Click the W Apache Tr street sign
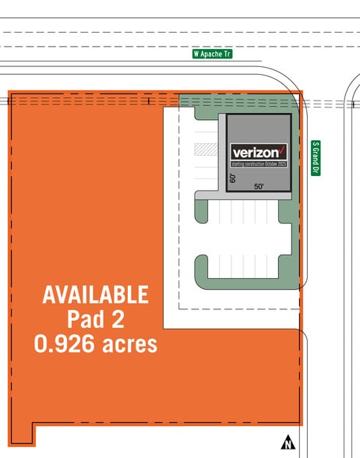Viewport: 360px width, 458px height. coord(213,55)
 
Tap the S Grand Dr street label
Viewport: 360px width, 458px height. coord(316,158)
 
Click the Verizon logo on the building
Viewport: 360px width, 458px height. coord(259,153)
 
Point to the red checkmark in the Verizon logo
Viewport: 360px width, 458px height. coord(284,149)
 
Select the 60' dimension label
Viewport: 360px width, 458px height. coord(233,178)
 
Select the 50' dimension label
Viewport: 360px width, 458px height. coord(259,187)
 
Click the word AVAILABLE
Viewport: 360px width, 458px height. coord(95,295)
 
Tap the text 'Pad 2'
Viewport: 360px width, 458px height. coord(95,319)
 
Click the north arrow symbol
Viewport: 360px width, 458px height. coord(288,442)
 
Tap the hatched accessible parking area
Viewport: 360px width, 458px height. coord(205,149)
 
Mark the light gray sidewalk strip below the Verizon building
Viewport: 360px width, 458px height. coord(242,196)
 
